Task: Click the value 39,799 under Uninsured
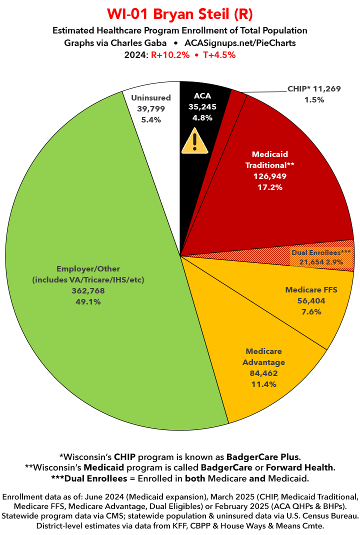coord(151,109)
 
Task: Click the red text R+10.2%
coord(170,55)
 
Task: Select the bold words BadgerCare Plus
coord(263,456)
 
